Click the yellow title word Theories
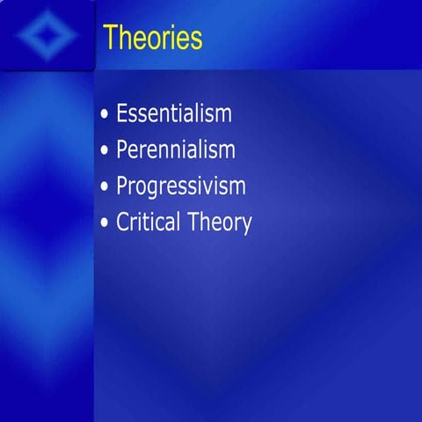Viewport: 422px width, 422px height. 152,38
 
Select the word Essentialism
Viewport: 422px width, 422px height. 174,113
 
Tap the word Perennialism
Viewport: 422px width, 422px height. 176,149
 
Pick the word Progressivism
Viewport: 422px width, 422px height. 181,186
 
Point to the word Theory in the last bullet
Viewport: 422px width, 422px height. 220,223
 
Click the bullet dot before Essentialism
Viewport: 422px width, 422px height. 105,115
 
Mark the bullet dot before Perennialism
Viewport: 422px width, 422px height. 105,151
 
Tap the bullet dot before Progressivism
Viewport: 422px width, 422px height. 105,187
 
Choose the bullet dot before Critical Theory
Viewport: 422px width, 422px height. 105,223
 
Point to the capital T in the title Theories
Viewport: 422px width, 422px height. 111,38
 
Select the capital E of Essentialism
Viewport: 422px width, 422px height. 122,113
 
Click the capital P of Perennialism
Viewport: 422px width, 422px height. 122,149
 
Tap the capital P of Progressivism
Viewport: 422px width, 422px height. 122,186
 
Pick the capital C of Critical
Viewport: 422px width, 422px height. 123,222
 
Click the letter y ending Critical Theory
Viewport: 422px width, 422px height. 246,226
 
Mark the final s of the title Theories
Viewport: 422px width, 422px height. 196,40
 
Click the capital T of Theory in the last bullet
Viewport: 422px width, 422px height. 193,222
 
